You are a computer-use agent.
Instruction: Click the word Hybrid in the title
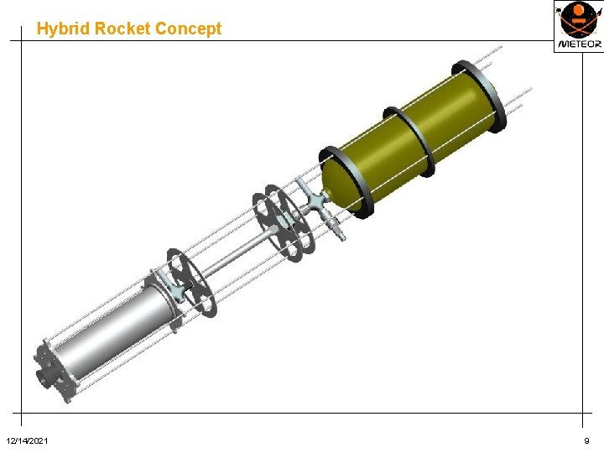point(63,29)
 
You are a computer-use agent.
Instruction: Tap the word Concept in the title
point(188,29)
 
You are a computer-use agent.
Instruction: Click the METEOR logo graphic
point(578,19)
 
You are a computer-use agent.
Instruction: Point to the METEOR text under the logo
point(580,44)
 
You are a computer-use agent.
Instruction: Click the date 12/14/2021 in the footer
point(27,440)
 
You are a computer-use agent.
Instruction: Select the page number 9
point(586,440)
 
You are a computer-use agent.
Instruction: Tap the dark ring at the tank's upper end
point(480,96)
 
